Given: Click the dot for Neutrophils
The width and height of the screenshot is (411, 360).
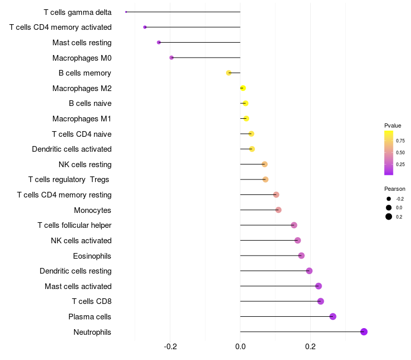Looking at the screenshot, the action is click(x=364, y=332).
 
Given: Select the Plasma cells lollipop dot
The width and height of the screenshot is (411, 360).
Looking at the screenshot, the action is click(x=333, y=316).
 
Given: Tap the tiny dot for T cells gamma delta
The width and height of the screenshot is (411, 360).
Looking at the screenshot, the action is click(x=126, y=12).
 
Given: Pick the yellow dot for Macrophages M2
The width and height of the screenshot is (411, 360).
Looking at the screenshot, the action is click(x=243, y=88).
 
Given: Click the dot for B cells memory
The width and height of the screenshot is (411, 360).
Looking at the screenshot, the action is click(x=229, y=73).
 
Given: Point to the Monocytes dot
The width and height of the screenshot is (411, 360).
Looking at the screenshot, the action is click(x=278, y=210).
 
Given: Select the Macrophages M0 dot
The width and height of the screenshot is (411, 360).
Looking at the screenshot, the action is click(x=172, y=58).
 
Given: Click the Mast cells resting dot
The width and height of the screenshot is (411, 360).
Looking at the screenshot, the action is click(x=159, y=43).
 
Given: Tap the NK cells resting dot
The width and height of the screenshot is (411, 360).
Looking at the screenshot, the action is click(x=265, y=164).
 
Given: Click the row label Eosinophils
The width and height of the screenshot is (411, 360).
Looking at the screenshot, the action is click(x=92, y=256).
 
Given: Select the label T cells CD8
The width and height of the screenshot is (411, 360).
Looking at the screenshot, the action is click(x=92, y=301).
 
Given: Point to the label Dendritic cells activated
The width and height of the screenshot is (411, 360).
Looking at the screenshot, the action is click(x=72, y=149).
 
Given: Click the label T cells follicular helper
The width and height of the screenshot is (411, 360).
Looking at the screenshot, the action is click(x=74, y=225).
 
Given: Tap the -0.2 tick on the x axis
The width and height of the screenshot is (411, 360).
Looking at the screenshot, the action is click(x=171, y=347).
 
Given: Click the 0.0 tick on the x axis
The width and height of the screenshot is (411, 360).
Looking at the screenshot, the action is click(x=240, y=347).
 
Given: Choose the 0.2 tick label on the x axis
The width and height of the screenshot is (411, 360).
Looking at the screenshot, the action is click(x=310, y=347).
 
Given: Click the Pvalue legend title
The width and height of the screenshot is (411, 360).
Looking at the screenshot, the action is click(x=393, y=125).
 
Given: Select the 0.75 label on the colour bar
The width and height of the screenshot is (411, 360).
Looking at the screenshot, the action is click(x=400, y=141).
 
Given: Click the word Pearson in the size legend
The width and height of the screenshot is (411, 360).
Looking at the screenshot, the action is click(x=395, y=189).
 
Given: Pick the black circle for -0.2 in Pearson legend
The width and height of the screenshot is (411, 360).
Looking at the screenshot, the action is click(x=389, y=199).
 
